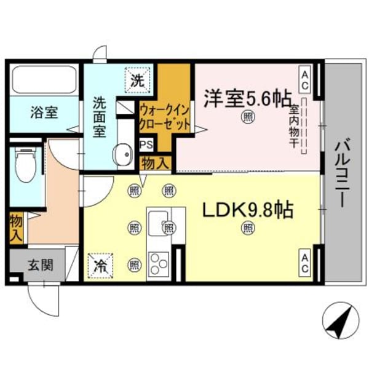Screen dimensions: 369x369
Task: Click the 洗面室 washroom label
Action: [x=100, y=117]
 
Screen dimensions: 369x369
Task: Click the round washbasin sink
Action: [x=123, y=153]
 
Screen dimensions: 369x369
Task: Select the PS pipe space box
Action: [x=146, y=145]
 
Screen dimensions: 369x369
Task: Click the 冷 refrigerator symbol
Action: [x=99, y=265]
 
